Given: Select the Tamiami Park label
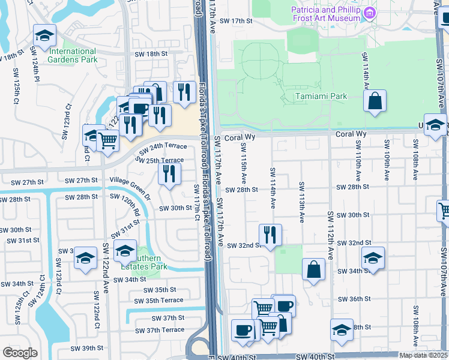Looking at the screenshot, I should pos(321,96).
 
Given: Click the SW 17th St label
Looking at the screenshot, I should pos(234,20).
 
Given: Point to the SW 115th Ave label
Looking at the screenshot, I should pos(244,162).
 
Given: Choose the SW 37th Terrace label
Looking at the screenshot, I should pos(160,330).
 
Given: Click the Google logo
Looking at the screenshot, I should pos(20,353).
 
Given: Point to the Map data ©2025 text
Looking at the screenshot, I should pos(423,355).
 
